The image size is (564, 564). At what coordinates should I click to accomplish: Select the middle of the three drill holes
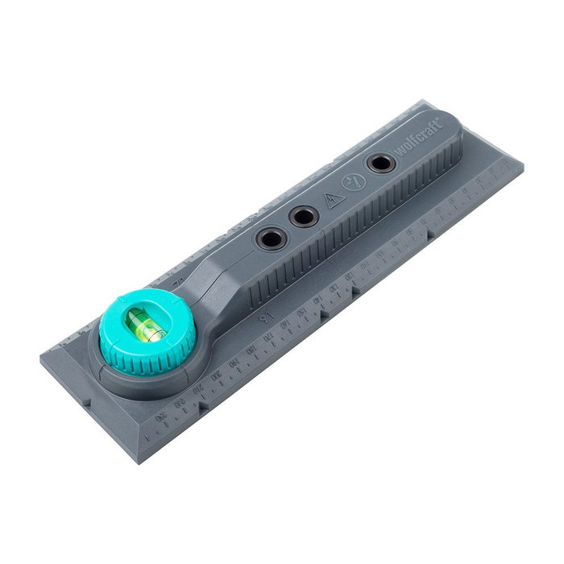[x=304, y=216]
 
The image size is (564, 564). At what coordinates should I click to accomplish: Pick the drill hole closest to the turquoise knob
[x=269, y=238]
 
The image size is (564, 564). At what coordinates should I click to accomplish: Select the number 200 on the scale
[x=216, y=376]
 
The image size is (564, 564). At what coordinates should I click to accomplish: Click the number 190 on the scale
[x=234, y=363]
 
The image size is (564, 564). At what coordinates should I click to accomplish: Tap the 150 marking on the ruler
[x=302, y=312]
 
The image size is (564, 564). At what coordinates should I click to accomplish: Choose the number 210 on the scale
[x=198, y=389]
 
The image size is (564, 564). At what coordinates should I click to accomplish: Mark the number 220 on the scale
[x=180, y=402]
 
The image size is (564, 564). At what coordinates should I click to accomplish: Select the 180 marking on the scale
[x=251, y=350]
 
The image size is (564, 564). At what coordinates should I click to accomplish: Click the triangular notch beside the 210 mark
[x=203, y=405]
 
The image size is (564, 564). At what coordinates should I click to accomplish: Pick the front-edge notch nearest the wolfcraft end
[x=429, y=238]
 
